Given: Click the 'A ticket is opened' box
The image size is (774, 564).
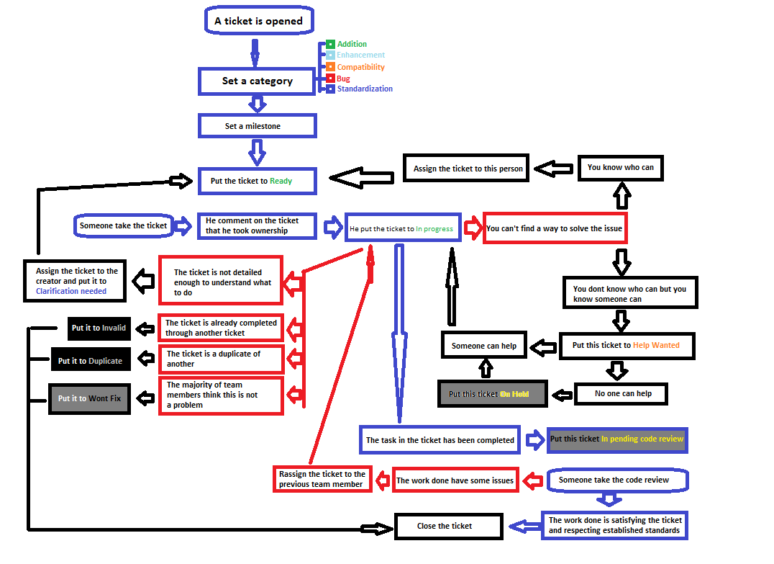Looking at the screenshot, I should [x=258, y=21].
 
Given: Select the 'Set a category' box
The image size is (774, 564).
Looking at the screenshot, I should [x=257, y=81].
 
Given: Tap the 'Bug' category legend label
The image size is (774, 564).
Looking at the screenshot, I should [x=343, y=79].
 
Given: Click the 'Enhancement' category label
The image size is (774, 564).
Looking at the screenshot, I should [x=360, y=55].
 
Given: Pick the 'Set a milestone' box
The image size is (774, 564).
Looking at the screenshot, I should [x=257, y=126].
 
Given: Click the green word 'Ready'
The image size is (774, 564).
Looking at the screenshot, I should [x=281, y=181].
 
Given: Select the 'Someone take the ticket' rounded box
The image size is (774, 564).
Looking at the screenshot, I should [x=124, y=225].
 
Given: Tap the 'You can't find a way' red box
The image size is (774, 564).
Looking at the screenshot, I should [x=554, y=228].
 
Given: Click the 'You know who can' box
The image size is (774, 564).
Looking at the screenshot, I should [x=620, y=167].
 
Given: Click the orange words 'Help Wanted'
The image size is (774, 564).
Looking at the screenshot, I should [x=656, y=345].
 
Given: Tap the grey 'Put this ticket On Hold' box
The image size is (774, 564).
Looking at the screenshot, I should [x=493, y=394].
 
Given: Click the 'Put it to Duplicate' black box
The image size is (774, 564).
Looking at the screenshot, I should [x=90, y=361].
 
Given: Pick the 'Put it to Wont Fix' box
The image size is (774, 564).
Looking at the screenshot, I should [x=90, y=398].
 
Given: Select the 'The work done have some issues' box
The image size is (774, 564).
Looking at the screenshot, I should [x=455, y=480].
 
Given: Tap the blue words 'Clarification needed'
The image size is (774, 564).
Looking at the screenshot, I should [x=71, y=291].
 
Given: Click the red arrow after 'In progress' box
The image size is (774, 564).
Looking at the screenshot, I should [x=472, y=228].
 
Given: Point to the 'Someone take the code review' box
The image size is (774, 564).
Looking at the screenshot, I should [x=614, y=480].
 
